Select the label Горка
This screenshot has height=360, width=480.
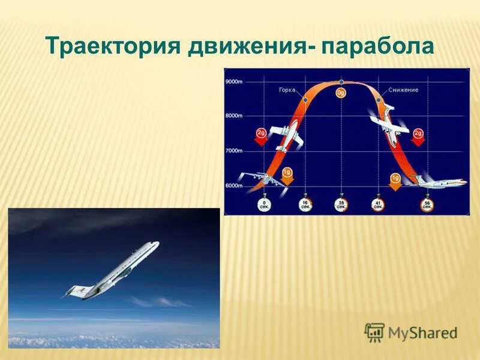coord(287,90)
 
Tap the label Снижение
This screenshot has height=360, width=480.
coord(403,90)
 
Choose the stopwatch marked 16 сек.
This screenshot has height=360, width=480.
coord(305,203)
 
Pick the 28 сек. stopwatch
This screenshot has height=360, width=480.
coord(342,203)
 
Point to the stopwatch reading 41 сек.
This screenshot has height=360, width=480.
coord(378,203)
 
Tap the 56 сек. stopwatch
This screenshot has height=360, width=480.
coord(427,203)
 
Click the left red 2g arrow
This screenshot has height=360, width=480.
coord(261,135)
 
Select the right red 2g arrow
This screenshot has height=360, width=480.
coord(418,135)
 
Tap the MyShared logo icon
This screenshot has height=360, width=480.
coord(374,332)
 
